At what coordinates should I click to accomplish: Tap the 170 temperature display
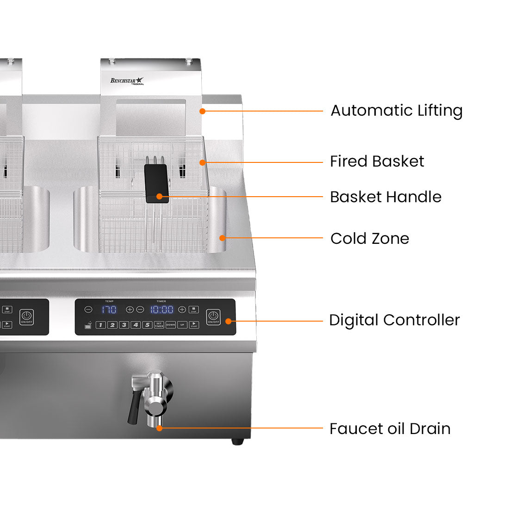[109, 310]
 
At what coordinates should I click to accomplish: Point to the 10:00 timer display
[161, 310]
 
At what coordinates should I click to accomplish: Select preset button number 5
[147, 325]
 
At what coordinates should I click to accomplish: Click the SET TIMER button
[159, 325]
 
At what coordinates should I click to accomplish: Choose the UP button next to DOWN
[182, 325]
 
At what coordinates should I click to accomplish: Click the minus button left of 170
[88, 310]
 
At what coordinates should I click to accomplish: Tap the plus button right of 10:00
[182, 310]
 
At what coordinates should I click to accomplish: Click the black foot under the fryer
[237, 442]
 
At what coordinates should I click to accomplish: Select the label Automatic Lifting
[397, 111]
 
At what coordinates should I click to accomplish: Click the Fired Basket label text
[377, 161]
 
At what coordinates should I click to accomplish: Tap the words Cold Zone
[370, 239]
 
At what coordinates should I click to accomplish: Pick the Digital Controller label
[394, 320]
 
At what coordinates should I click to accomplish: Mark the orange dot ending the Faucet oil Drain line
[159, 428]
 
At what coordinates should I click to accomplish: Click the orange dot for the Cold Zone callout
[223, 238]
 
